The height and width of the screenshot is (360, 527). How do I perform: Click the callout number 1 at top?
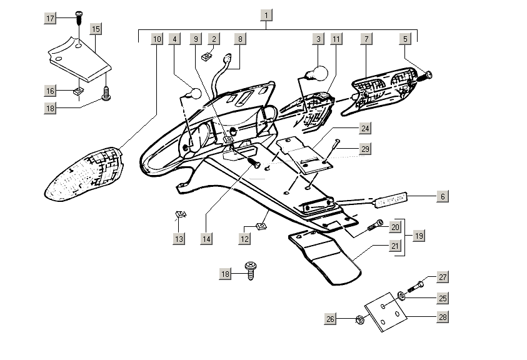point(267,15)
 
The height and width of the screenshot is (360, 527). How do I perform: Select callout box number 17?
point(51,18)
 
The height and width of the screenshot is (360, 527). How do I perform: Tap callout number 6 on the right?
point(442,196)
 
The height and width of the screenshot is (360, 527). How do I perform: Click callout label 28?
point(442,317)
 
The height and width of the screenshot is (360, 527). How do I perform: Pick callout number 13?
point(179,238)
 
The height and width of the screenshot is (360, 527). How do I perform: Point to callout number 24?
point(364,128)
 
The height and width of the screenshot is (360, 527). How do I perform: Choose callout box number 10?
point(156,39)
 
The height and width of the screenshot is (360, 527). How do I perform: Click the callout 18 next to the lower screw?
point(226,274)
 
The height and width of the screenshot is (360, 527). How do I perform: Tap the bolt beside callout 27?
point(414,289)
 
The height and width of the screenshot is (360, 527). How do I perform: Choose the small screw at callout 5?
point(429,75)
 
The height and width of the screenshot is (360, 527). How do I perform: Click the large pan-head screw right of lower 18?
point(252,270)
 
